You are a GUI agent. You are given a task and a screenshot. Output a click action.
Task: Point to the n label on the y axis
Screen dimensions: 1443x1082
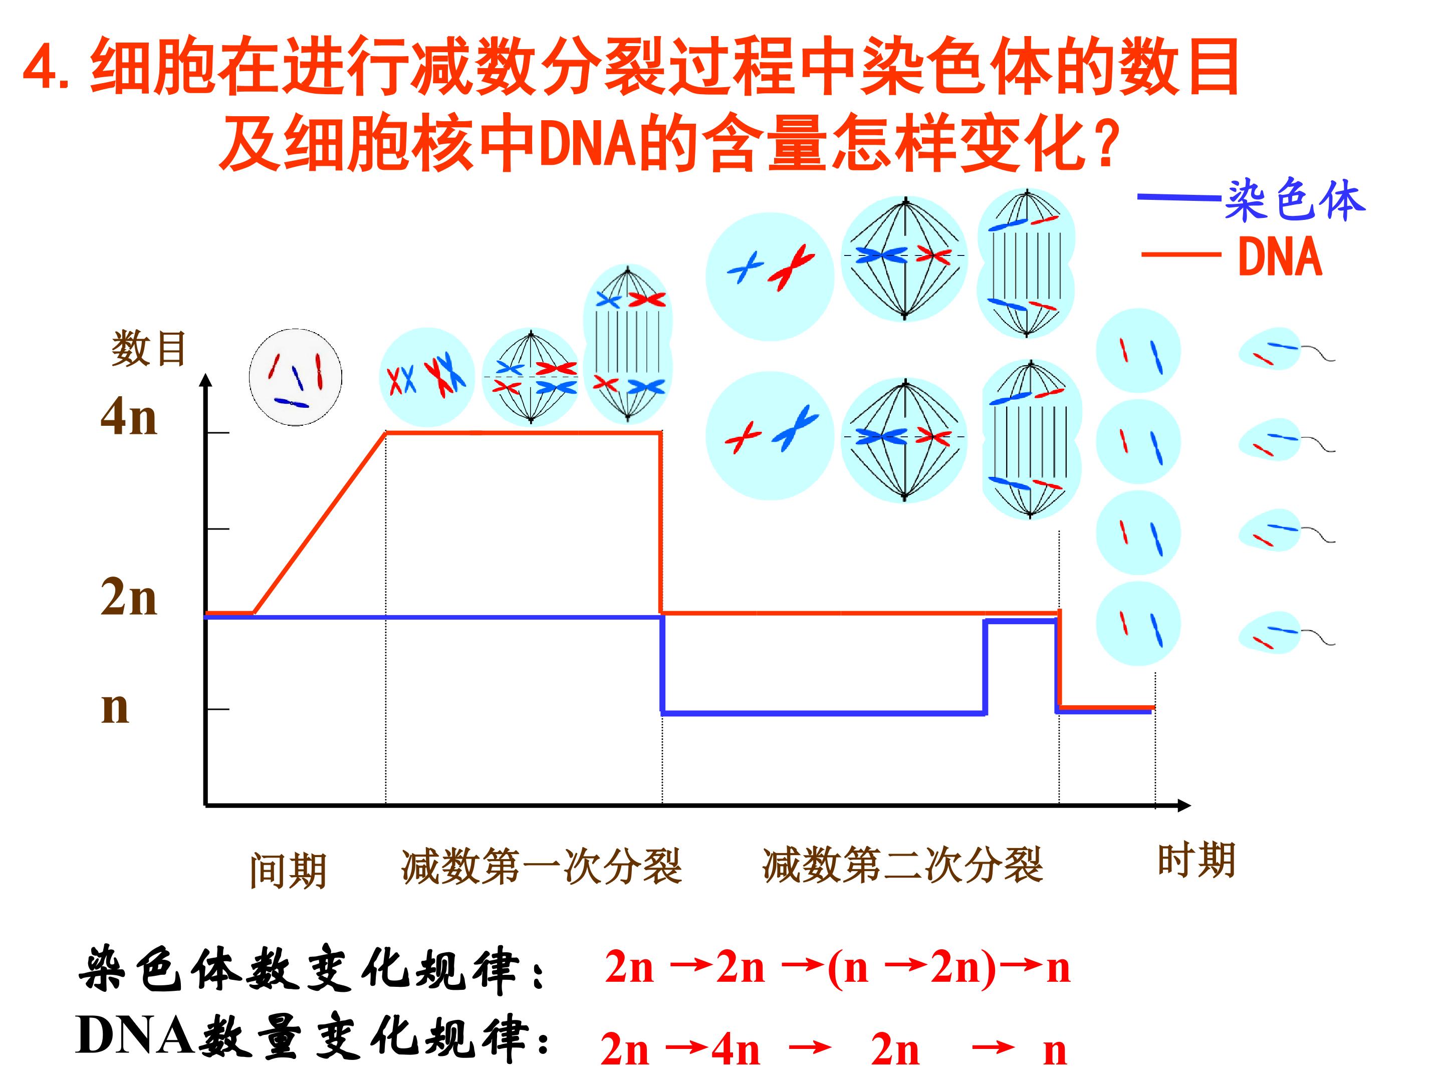pos(115,708)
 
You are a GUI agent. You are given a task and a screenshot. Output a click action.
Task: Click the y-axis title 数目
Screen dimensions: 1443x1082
pos(149,349)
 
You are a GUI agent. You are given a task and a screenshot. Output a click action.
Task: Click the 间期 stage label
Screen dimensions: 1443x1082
pos(288,871)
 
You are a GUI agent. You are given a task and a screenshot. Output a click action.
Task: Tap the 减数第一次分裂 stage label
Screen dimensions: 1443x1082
pos(542,866)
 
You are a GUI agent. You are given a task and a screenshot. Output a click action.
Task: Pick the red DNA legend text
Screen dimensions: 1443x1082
pos(1280,257)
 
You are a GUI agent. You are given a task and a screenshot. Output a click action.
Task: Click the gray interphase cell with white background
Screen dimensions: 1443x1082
pos(296,377)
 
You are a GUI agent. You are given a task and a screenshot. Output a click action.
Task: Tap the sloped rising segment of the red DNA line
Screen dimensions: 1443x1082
pos(320,523)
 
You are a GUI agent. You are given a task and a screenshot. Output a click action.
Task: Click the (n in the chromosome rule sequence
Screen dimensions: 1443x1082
pos(848,968)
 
